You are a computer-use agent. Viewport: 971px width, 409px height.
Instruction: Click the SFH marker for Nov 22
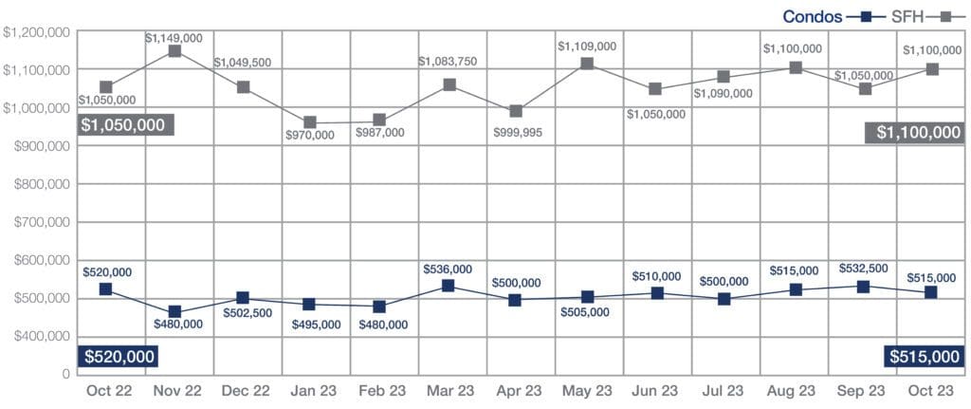tap(174, 51)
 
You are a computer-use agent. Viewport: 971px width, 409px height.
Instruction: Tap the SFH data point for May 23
tap(588, 64)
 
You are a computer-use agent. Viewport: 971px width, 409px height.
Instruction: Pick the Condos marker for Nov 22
tap(174, 311)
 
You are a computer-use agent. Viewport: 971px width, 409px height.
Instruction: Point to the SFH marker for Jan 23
tap(310, 122)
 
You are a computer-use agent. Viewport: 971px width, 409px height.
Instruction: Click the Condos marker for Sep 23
tap(863, 287)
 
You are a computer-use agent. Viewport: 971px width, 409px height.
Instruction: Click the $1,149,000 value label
tap(174, 37)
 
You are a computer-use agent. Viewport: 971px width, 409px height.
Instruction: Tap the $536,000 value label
tap(448, 270)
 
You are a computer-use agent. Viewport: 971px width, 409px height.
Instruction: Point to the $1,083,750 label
tap(448, 62)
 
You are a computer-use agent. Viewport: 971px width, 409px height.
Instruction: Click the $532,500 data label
tap(863, 270)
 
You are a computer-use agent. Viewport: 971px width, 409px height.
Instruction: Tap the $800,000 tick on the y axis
tap(38, 184)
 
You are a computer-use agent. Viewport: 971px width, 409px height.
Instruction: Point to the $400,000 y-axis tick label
tap(38, 336)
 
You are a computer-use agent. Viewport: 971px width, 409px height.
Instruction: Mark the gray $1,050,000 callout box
tap(121, 125)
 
